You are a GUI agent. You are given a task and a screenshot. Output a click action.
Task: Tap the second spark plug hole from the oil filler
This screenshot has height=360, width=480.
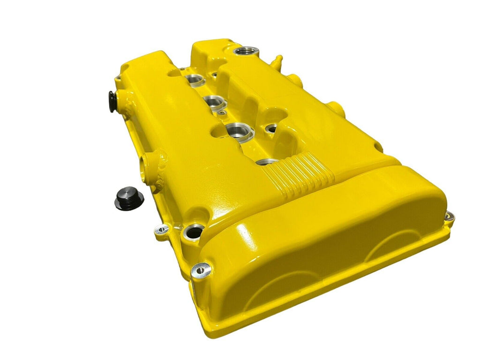click(215, 101)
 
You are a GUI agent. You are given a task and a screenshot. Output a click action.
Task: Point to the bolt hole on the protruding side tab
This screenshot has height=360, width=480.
click(162, 230)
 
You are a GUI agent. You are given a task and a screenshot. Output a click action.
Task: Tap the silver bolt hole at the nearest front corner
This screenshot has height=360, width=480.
click(199, 269)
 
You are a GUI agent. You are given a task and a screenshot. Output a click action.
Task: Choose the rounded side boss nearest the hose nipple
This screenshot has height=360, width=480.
click(293, 80)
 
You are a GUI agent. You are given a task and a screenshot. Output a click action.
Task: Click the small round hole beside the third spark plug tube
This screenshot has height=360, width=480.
click(272, 128)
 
